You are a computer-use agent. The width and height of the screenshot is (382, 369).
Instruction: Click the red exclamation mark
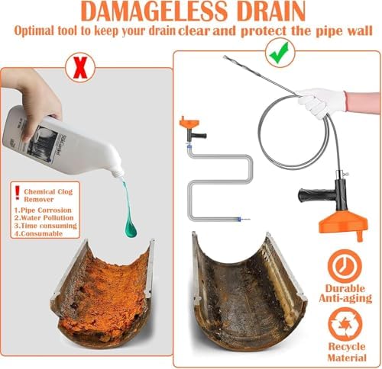pos(17,191)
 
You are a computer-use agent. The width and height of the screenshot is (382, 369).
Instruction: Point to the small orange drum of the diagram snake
pos(189,124)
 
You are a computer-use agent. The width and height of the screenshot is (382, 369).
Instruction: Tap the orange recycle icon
pos(342,325)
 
